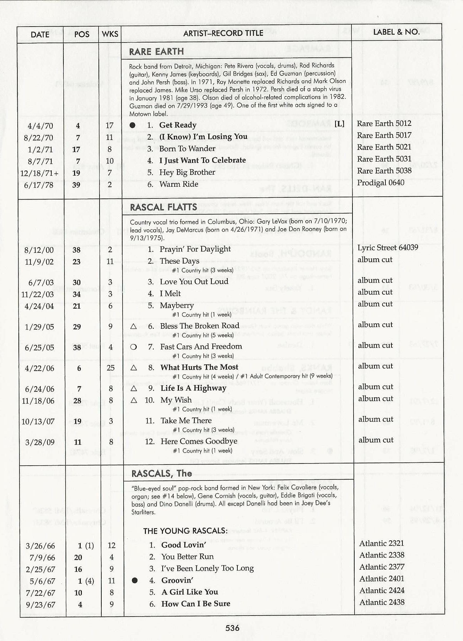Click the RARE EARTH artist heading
pyautogui.click(x=156, y=52)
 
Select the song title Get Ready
pyautogui.click(x=177, y=125)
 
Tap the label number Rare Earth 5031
pyautogui.click(x=384, y=159)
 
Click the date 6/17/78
pyautogui.click(x=38, y=185)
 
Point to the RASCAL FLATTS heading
pyautogui.click(x=163, y=207)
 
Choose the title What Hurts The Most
pyautogui.click(x=199, y=367)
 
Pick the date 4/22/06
pyautogui.click(x=39, y=369)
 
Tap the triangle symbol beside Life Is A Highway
pyautogui.click(x=134, y=389)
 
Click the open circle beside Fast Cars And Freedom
pyautogui.click(x=134, y=347)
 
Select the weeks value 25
pyautogui.click(x=111, y=368)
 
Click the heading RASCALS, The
pyautogui.click(x=162, y=474)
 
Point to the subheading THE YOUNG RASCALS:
pyautogui.click(x=185, y=531)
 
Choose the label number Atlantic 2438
pyautogui.click(x=382, y=602)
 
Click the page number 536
pyautogui.click(x=232, y=628)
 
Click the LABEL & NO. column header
pyautogui.click(x=396, y=32)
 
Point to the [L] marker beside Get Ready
pyautogui.click(x=339, y=124)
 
